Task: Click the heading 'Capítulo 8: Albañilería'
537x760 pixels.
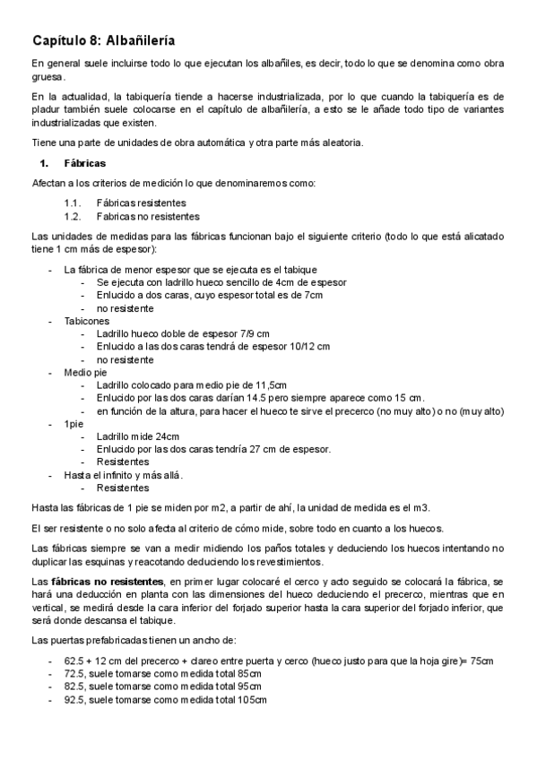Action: [x=103, y=40]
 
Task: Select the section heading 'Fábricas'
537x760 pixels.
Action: [x=85, y=164]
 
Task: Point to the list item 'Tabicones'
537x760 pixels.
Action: [x=87, y=320]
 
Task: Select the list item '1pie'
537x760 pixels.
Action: [x=75, y=424]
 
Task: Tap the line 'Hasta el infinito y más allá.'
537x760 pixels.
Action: [x=124, y=475]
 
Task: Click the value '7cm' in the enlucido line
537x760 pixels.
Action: [x=313, y=295]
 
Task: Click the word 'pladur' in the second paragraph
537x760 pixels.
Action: [x=47, y=109]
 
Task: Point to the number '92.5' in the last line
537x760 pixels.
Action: [x=75, y=699]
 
